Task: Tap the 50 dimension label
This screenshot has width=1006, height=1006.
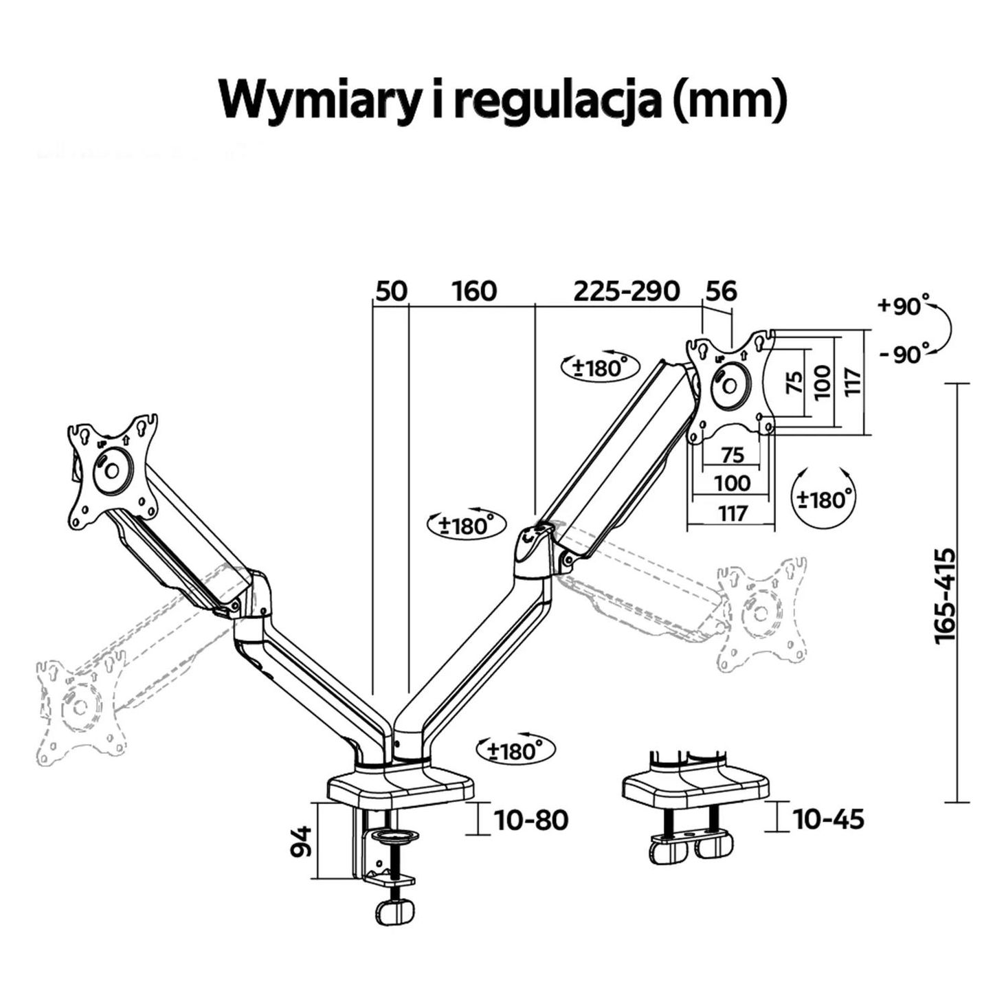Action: coord(390,291)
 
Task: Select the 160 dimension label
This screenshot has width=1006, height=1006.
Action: coord(473,291)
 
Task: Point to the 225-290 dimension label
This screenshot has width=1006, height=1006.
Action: coord(626,291)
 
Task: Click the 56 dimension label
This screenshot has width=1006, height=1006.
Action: coord(721,291)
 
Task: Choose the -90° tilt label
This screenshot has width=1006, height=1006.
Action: coord(903,355)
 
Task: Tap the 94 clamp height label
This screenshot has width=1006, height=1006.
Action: coord(301,840)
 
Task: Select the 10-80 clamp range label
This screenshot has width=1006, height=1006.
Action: coord(531,820)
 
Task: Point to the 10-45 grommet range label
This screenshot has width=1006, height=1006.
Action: coord(828,818)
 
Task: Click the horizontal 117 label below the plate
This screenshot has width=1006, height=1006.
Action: coord(733,513)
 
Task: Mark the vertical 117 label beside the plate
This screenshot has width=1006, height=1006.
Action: coord(852,382)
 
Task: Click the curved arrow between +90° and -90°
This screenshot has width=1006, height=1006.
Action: coord(947,331)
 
